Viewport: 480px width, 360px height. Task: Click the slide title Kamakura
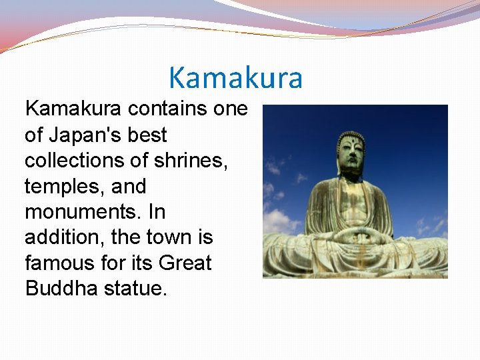pos(235,77)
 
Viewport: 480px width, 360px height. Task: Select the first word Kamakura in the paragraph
pos(73,109)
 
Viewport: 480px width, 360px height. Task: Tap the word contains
pos(168,109)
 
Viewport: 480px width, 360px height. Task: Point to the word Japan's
pos(81,135)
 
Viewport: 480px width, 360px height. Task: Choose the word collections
pos(75,160)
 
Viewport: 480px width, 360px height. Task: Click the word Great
pos(185,263)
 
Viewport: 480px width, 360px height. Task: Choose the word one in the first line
pos(230,109)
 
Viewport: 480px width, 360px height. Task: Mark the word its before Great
pos(140,263)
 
